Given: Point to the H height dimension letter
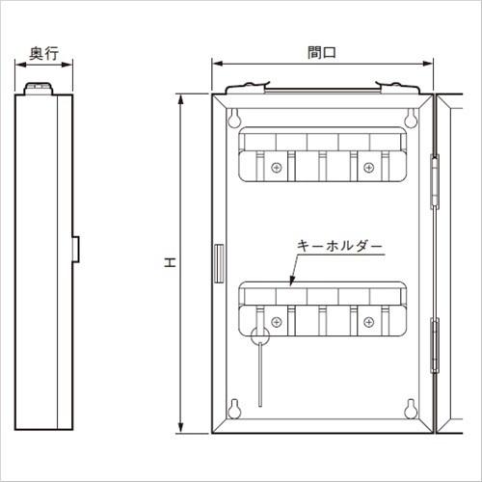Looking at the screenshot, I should (169, 263).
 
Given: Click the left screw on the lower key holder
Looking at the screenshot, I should (277, 320).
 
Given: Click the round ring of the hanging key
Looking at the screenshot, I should (259, 336).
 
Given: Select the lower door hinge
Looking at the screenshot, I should (434, 345).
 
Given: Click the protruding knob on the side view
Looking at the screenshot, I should (75, 248).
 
